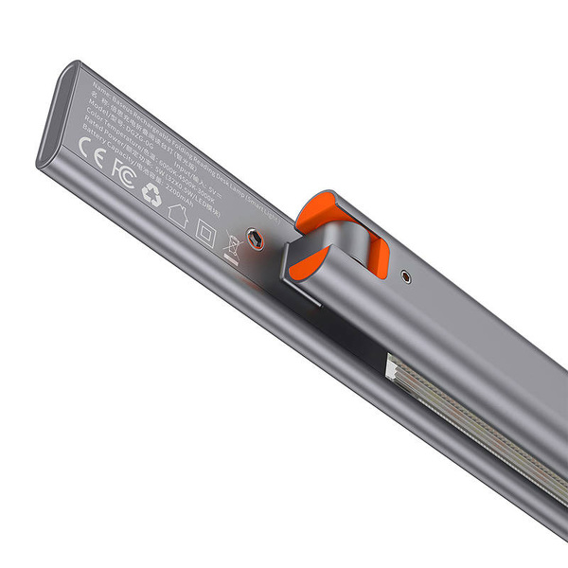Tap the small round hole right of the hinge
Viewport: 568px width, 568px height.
pos(406,277)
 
